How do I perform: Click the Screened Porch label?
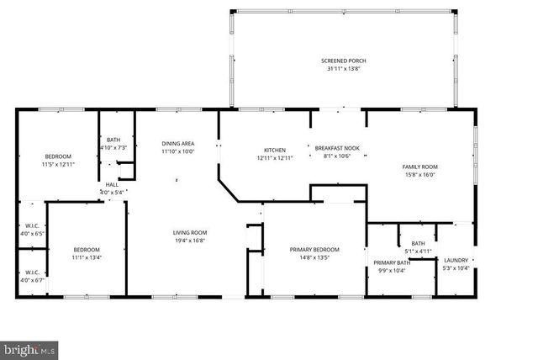[343, 61]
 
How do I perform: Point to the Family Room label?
[419, 167]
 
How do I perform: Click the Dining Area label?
[177, 144]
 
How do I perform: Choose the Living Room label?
[190, 232]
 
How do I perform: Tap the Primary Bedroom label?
[314, 249]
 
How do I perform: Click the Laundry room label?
[456, 260]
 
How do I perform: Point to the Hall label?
[112, 185]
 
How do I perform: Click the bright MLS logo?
[29, 347]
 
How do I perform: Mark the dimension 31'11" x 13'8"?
[343, 69]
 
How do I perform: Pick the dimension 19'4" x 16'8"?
[190, 241]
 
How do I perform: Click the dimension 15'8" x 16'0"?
[419, 175]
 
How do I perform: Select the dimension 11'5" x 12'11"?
[58, 164]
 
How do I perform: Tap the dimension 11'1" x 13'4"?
[87, 257]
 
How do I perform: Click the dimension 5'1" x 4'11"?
[418, 251]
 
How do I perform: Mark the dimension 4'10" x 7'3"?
[113, 148]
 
